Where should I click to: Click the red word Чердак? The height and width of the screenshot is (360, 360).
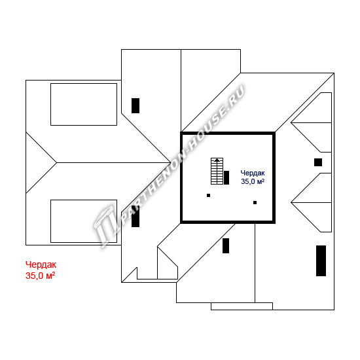[41, 264]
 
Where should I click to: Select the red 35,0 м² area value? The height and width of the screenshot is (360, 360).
[40, 276]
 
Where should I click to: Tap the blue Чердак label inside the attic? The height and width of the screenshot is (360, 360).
[253, 173]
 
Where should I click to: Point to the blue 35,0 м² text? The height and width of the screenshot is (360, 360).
[253, 181]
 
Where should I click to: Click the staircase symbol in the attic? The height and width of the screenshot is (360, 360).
[217, 171]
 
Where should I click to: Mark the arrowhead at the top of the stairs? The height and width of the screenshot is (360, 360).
[217, 160]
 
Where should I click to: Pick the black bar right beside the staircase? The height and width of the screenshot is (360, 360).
[226, 177]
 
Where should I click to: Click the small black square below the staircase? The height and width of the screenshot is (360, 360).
[208, 196]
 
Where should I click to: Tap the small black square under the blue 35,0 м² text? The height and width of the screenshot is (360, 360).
[255, 202]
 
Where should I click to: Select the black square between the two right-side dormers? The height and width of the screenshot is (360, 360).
[318, 162]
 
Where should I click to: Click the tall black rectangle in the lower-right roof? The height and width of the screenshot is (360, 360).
[321, 261]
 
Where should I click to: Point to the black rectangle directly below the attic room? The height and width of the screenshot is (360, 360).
[226, 245]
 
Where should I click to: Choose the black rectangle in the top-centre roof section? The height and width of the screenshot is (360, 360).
[135, 105]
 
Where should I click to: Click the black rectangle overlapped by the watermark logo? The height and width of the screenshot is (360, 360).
[135, 216]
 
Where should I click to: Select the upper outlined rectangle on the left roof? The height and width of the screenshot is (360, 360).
[84, 105]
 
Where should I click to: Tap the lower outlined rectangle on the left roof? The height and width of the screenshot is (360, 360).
[84, 221]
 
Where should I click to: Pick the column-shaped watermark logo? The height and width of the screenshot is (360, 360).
[105, 226]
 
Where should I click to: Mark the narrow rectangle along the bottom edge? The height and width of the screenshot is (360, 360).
[242, 306]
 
